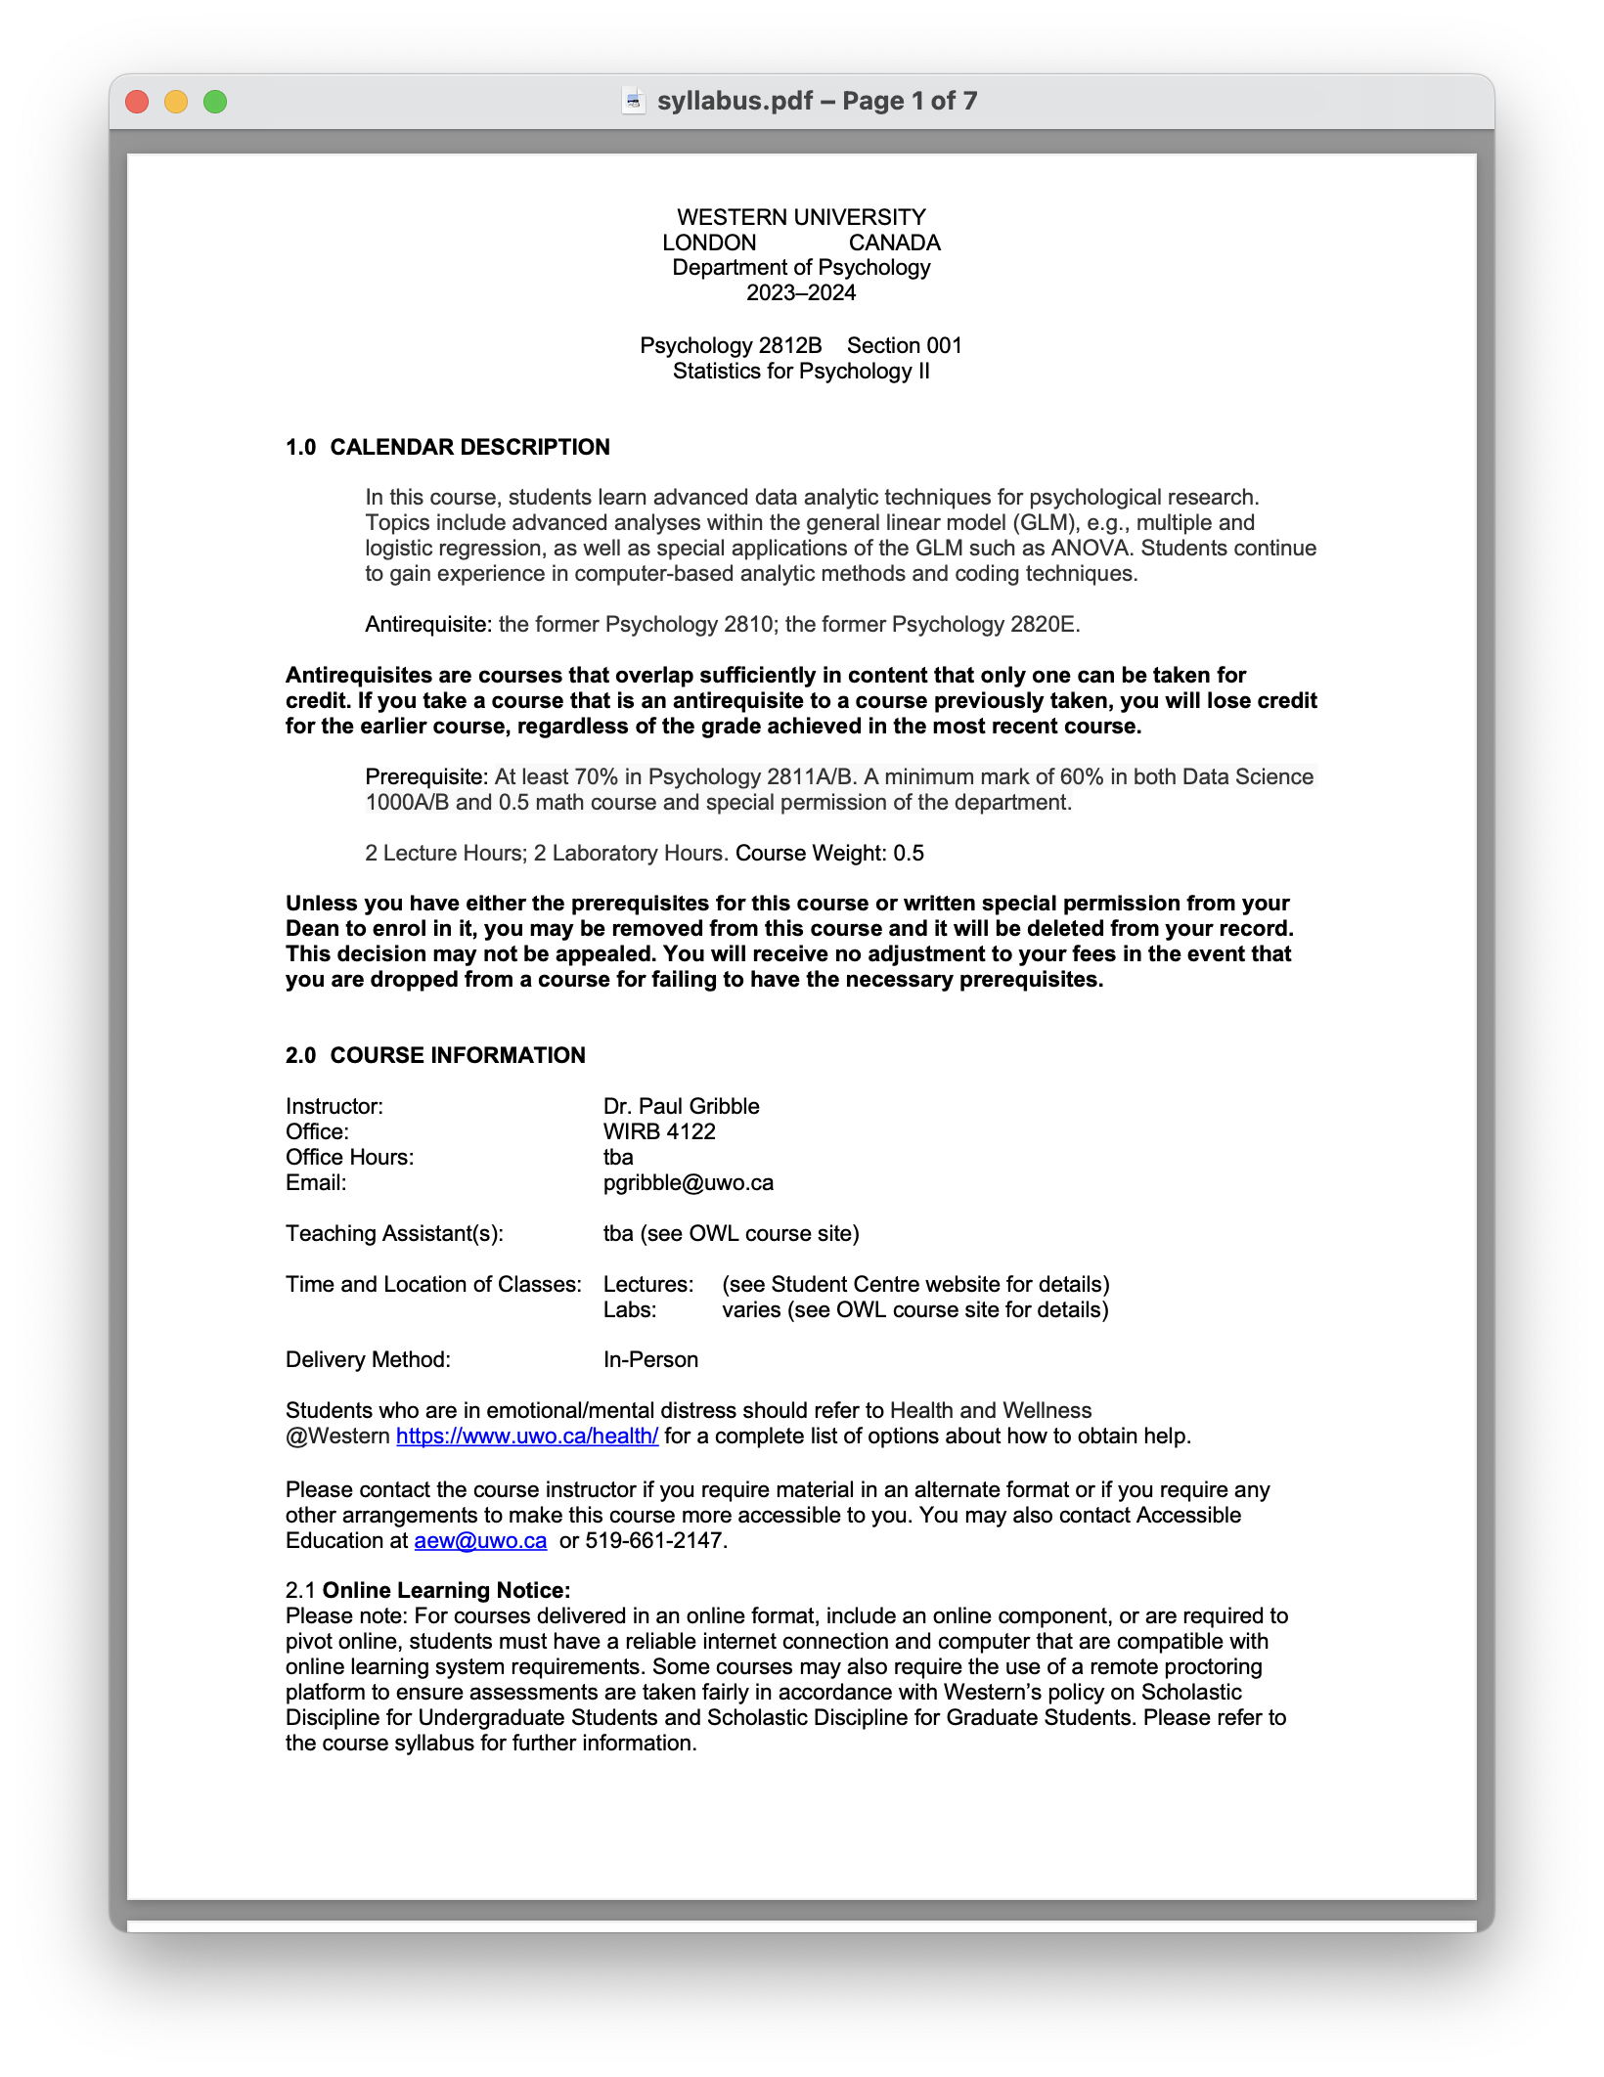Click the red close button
pos(137,102)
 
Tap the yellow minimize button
pos(176,102)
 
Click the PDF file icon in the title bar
pos(634,101)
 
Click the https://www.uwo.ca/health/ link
pos(527,1436)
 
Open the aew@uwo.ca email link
pos(480,1541)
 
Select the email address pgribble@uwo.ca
pos(688,1183)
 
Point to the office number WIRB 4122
pos(659,1132)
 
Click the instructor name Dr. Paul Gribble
pos(681,1107)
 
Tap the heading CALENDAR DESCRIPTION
pos(469,448)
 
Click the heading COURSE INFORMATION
pos(458,1056)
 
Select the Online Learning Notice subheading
pos(446,1591)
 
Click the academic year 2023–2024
pos(801,293)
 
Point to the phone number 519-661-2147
pos(655,1541)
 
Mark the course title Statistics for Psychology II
pos(801,372)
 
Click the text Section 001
pos(905,346)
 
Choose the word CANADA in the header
pos(894,243)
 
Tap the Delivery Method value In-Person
pos(650,1360)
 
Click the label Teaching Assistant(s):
pos(394,1234)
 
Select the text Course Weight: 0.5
pos(829,854)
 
